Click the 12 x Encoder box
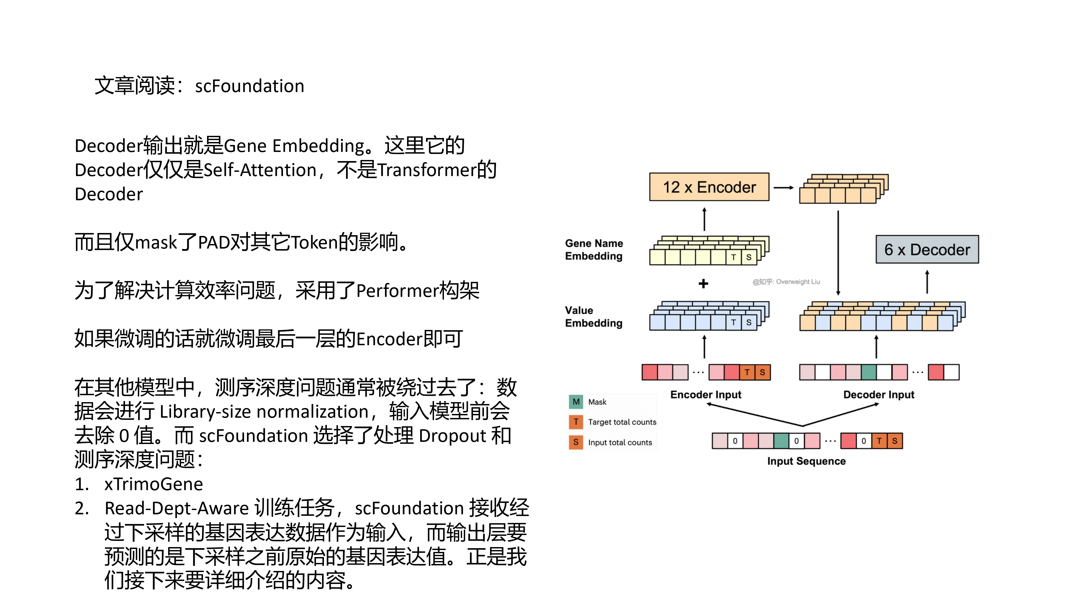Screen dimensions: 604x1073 pyautogui.click(x=709, y=187)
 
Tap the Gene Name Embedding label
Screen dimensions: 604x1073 pyautogui.click(x=594, y=250)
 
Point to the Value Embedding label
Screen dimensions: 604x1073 pyautogui.click(x=594, y=317)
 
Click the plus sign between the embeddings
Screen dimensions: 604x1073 pyautogui.click(x=704, y=284)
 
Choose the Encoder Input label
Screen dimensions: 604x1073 pyautogui.click(x=705, y=395)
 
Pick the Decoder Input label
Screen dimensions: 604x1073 pyautogui.click(x=879, y=395)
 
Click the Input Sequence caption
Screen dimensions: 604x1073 pyautogui.click(x=806, y=461)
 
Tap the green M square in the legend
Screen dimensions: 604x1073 pyautogui.click(x=576, y=402)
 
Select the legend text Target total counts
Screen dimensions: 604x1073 pyautogui.click(x=622, y=422)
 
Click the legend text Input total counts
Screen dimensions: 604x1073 pyautogui.click(x=620, y=443)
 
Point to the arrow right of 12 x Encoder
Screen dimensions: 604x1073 pyautogui.click(x=784, y=188)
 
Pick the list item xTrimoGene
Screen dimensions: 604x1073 pyautogui.click(x=153, y=484)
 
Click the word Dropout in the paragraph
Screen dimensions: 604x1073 pyautogui.click(x=452, y=436)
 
